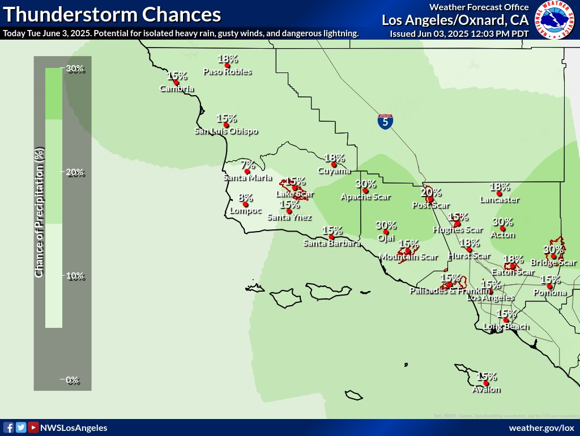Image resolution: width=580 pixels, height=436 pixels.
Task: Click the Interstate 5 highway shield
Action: (385, 121)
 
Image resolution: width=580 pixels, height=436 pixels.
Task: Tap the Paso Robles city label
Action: (227, 72)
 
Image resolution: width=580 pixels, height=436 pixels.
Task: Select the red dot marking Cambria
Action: (176, 82)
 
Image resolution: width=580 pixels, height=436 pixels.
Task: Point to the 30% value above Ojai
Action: (386, 225)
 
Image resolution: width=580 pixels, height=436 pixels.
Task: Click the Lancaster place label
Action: (499, 199)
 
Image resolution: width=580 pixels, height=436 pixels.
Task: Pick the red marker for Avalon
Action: (486, 383)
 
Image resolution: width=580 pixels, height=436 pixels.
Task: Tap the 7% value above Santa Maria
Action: (248, 165)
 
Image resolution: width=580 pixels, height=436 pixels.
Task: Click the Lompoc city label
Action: (246, 211)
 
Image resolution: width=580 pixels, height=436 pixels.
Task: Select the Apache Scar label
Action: (365, 197)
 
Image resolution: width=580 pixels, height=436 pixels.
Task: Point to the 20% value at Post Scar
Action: (431, 192)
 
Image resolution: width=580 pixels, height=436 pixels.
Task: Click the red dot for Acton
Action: (502, 228)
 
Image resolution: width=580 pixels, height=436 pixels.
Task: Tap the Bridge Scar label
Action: (553, 262)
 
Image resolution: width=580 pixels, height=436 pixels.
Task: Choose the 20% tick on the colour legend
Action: (73, 172)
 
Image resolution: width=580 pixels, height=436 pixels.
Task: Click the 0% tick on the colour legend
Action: (73, 380)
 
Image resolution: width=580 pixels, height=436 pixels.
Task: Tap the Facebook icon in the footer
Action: (8, 428)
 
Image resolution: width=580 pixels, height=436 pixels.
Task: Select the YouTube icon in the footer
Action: (33, 428)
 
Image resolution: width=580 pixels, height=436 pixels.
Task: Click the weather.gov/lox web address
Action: (541, 428)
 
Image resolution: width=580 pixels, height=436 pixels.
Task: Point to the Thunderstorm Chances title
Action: (112, 14)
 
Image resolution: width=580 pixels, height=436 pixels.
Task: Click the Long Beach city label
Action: (506, 326)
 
